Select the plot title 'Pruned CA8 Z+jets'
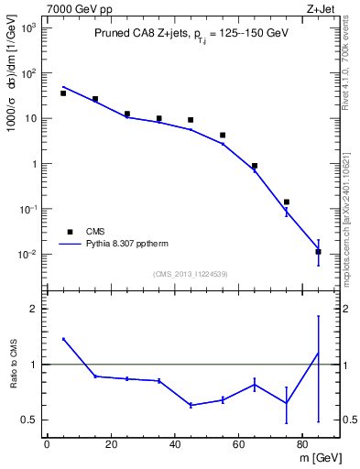click(x=141, y=34)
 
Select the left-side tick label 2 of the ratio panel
click(x=33, y=309)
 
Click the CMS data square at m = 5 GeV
click(x=63, y=93)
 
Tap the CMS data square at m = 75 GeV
click(x=287, y=202)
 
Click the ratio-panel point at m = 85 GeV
click(x=318, y=354)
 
